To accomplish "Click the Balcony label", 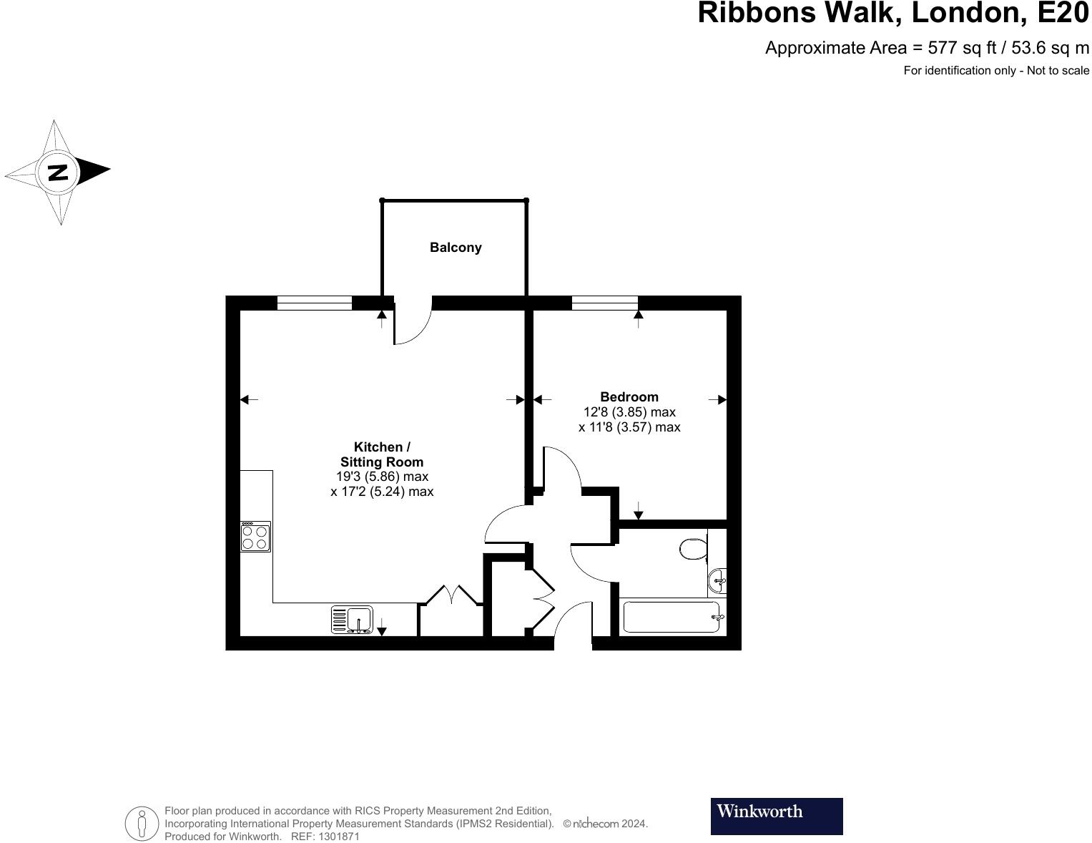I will pos(456,248).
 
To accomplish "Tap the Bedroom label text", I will pos(629,396).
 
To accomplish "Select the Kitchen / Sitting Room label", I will pos(382,454).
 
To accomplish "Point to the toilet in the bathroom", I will pos(692,550).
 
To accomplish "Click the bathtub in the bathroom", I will pos(671,617).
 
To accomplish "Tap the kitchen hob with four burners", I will pos(255,537).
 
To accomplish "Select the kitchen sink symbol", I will pos(352,620).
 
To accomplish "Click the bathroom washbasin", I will pos(718,581).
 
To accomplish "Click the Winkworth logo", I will pos(776,816).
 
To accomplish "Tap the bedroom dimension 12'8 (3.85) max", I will pos(629,412).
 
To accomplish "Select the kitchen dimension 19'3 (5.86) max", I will pos(382,477).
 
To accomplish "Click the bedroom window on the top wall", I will pos(604,303).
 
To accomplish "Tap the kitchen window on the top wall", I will pos(315,303).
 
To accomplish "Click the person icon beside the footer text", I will pos(142,823).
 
